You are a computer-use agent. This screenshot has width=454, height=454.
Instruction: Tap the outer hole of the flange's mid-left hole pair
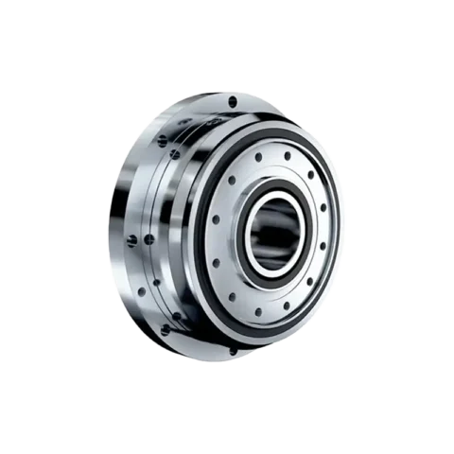(133, 237)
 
